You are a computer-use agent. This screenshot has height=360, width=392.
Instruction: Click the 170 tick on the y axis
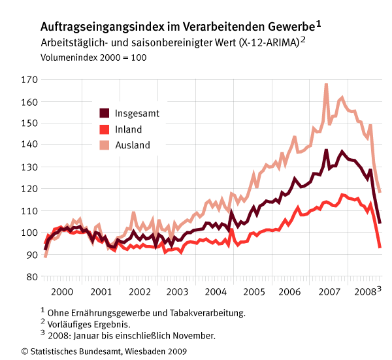29,80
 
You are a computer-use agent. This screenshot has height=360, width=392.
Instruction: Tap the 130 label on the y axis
29,167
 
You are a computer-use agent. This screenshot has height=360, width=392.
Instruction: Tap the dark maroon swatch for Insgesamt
104,113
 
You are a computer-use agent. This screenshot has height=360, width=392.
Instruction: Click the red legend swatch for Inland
104,129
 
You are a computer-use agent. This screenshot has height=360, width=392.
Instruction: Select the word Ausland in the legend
133,145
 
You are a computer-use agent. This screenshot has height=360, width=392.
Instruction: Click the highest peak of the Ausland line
326,84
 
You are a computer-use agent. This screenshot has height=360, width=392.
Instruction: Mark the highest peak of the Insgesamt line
326,150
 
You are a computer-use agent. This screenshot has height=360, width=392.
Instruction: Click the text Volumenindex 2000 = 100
93,57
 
